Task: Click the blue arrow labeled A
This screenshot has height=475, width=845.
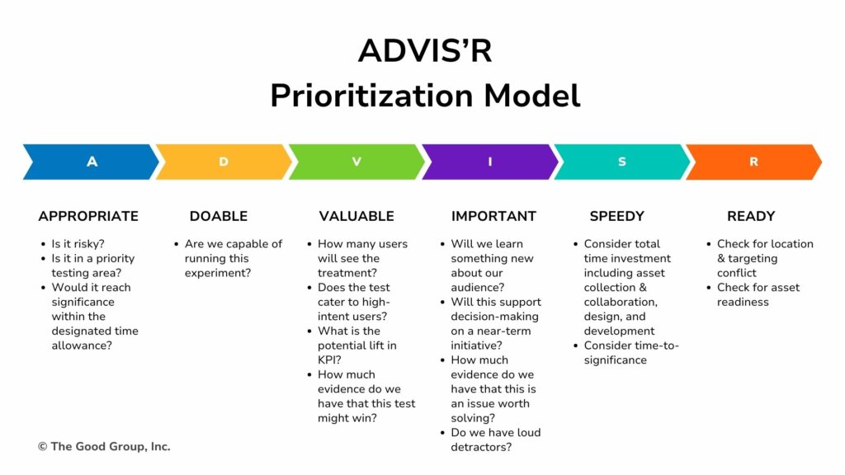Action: tap(92, 162)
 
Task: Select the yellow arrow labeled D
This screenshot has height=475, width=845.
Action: tap(224, 162)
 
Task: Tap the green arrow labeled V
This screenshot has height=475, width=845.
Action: tap(356, 162)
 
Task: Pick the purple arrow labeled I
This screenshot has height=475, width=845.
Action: tap(490, 162)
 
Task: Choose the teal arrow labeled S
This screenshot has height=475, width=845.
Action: tap(622, 162)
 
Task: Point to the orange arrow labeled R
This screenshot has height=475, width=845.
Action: tap(754, 162)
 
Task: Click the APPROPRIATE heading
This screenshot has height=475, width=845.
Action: tap(88, 216)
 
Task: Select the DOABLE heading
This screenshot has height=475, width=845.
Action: tap(219, 216)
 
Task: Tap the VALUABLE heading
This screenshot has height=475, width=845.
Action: tap(356, 216)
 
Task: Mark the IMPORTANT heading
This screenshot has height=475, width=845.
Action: tap(493, 216)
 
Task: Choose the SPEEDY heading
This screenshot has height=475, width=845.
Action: tap(617, 216)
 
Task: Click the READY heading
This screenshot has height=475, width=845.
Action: tap(751, 216)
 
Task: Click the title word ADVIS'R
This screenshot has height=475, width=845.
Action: tap(425, 50)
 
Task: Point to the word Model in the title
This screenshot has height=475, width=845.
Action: tap(532, 96)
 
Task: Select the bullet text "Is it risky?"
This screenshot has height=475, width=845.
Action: tap(78, 244)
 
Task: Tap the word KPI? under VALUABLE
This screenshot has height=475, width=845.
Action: tap(329, 360)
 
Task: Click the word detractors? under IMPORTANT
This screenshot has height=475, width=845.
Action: tap(481, 447)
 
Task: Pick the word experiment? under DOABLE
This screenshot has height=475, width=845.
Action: tap(218, 273)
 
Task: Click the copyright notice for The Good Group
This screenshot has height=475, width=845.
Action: tap(104, 446)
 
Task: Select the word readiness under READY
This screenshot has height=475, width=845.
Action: tap(743, 302)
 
